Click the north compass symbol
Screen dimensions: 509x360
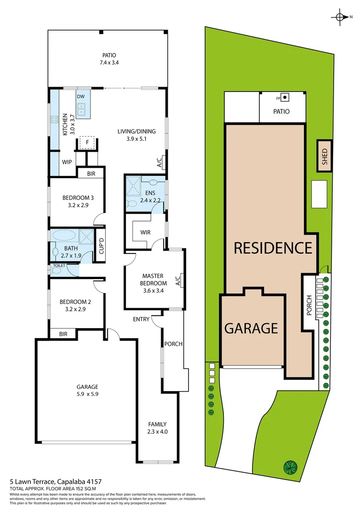coord(340,17)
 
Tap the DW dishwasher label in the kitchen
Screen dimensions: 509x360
coord(81,96)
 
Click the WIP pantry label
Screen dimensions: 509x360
coord(67,162)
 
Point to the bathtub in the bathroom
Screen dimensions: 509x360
coord(64,235)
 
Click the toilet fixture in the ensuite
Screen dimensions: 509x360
coord(132,204)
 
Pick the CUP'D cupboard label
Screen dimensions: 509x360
coord(101,246)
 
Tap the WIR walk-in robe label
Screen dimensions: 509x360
coord(145,232)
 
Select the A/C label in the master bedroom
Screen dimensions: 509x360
coord(178,281)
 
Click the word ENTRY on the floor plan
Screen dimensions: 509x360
coord(141,319)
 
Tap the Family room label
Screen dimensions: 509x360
coord(157,424)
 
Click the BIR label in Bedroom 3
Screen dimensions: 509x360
coord(91,174)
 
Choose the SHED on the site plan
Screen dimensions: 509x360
coord(324,156)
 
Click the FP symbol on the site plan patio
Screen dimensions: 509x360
coord(285,98)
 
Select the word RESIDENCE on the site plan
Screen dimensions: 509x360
coord(273,247)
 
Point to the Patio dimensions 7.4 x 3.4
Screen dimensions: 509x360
coord(108,62)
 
